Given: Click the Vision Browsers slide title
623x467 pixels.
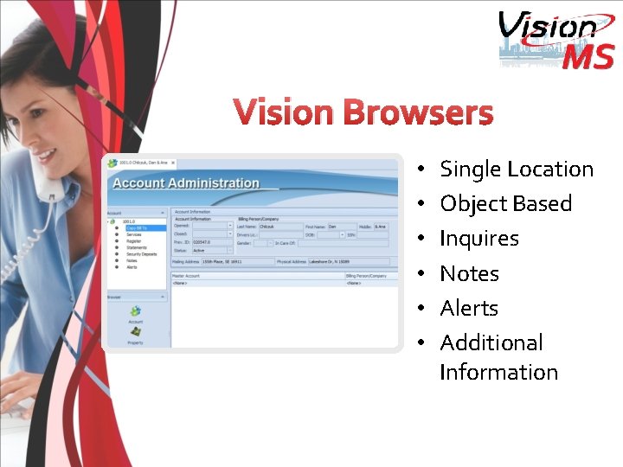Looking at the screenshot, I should (x=363, y=113).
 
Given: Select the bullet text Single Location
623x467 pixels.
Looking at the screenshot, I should (x=517, y=170).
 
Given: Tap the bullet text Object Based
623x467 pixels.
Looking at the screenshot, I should (x=506, y=204).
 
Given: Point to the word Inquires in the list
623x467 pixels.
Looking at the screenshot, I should (x=479, y=239).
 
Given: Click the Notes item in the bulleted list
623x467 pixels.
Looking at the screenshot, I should (x=469, y=273).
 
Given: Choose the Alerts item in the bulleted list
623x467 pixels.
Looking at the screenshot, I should (x=469, y=308).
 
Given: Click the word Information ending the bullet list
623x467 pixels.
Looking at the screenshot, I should (x=498, y=373).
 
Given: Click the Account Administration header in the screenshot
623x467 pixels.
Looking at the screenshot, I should (x=186, y=183).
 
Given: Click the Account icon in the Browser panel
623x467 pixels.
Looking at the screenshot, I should (x=136, y=313).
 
